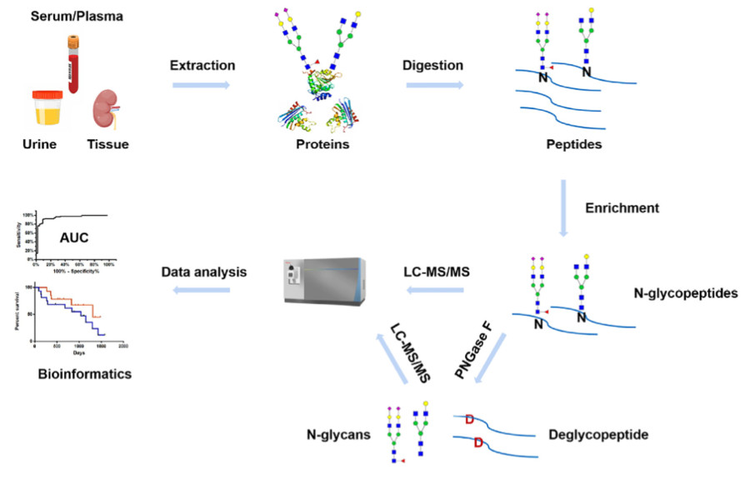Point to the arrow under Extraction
pyautogui.click(x=202, y=83)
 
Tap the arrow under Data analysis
pyautogui.click(x=202, y=289)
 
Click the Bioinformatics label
pyautogui.click(x=85, y=375)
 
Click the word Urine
pyautogui.click(x=39, y=145)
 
